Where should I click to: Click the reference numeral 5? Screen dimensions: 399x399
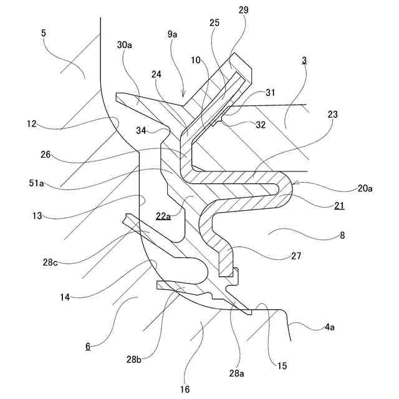[x=43, y=32]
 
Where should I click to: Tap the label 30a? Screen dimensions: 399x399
[x=125, y=45]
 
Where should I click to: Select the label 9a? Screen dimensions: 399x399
[x=173, y=35]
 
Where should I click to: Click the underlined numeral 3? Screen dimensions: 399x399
[x=304, y=60]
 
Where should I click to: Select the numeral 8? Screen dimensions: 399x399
[x=342, y=236]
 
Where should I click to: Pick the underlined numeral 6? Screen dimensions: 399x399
[x=88, y=346]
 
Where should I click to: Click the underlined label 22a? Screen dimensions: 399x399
[x=163, y=216]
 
